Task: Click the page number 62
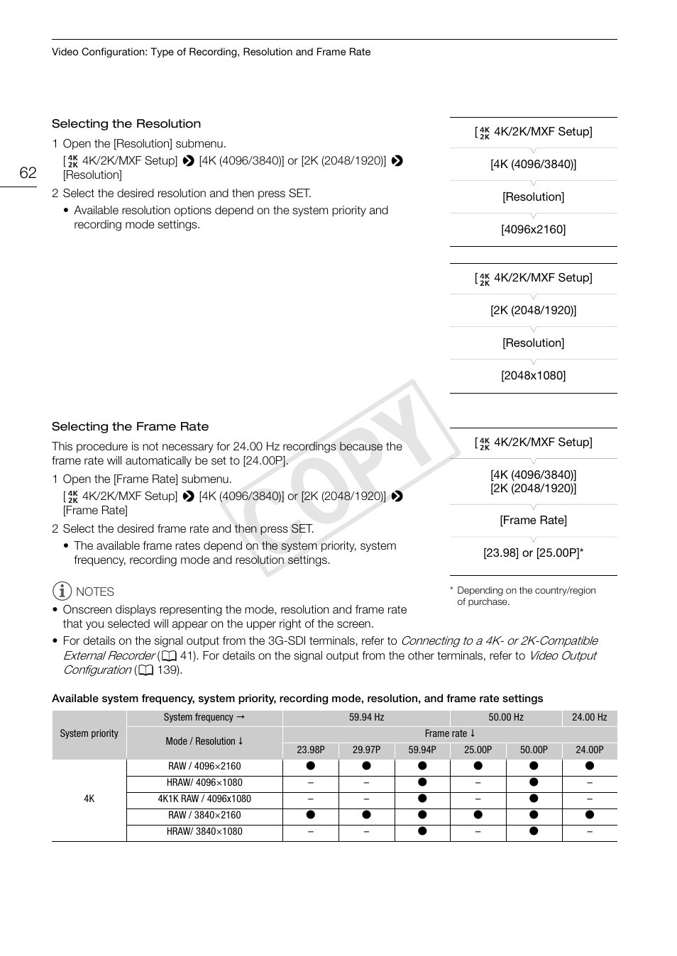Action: coord(28,173)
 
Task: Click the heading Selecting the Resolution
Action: coord(126,124)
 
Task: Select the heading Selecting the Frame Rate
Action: coord(130,427)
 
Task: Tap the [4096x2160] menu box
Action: coord(533,230)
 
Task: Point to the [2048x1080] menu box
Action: coord(533,376)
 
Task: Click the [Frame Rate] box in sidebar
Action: coord(533,521)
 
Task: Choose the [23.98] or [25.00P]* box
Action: coord(533,553)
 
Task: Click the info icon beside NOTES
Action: coord(62,591)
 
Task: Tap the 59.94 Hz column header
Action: coord(366,718)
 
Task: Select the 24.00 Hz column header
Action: coord(589,718)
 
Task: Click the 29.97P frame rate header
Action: coord(366,750)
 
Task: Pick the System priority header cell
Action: coord(89,734)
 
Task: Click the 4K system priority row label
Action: coord(89,799)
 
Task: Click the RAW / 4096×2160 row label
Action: coord(204,767)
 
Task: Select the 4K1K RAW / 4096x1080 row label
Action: coord(204,799)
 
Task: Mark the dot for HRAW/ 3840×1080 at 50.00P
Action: coord(534,831)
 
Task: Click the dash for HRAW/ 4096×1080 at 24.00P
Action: coord(589,783)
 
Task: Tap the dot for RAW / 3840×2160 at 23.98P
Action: coord(310,815)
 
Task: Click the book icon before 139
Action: coord(145,670)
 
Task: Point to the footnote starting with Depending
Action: coord(525,596)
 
